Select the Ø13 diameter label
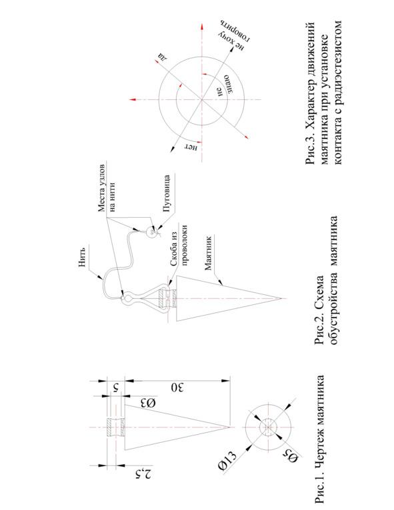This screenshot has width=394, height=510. click(225, 462)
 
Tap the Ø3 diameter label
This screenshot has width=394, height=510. click(148, 403)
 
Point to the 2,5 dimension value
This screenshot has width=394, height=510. click(144, 475)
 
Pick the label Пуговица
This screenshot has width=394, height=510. click(167, 194)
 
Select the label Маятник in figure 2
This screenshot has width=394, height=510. click(208, 254)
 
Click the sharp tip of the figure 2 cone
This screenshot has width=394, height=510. click(281, 298)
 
